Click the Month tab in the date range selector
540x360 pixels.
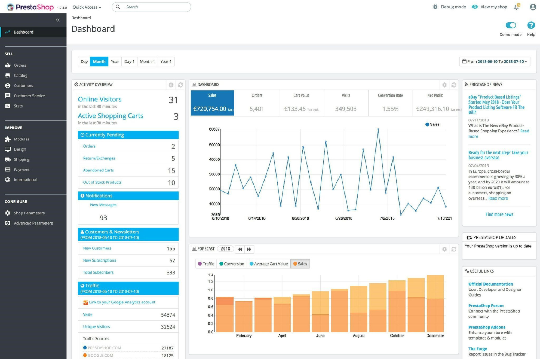tap(99, 62)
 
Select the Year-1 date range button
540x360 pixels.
tap(166, 62)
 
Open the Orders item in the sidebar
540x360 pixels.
tap(20, 66)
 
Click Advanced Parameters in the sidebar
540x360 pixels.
tap(33, 223)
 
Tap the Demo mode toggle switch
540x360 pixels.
tap(510, 25)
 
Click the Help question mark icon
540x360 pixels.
tap(531, 25)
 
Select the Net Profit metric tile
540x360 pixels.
tap(435, 103)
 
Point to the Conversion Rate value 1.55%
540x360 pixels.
tap(390, 109)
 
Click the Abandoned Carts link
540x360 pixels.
tap(99, 170)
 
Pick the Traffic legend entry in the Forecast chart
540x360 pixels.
tap(206, 264)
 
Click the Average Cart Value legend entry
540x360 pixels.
tap(269, 264)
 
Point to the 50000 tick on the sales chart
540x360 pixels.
tap(214, 145)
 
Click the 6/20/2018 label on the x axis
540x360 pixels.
tap(300, 218)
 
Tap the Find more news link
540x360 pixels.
tap(499, 214)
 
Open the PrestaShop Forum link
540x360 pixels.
tap(486, 306)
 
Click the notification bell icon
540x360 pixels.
tap(516, 7)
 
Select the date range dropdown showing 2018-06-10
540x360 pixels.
tap(494, 62)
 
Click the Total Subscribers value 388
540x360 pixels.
tap(171, 272)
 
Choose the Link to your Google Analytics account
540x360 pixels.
tap(122, 302)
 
